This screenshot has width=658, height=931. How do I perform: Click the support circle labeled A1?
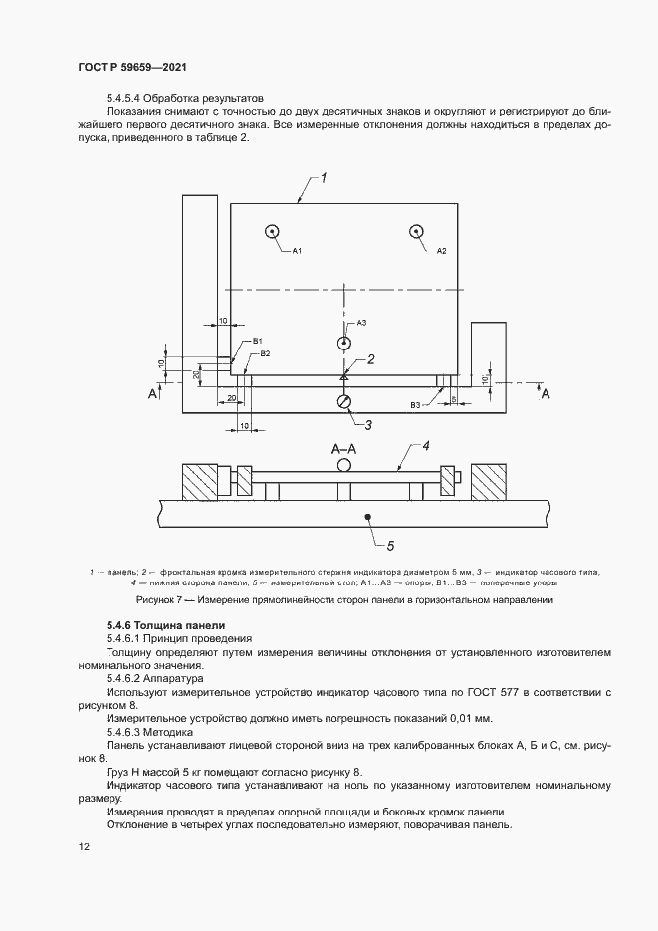click(272, 232)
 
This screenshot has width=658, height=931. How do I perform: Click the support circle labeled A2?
click(415, 232)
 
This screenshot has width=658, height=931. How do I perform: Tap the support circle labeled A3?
click(344, 343)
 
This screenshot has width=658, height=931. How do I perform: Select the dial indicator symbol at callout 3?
click(344, 401)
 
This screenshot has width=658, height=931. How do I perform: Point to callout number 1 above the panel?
click(324, 178)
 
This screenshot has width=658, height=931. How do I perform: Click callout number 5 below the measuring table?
click(391, 545)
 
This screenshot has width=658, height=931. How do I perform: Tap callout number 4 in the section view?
click(425, 445)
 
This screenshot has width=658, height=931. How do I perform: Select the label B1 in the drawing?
click(257, 342)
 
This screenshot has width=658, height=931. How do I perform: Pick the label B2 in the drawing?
click(265, 353)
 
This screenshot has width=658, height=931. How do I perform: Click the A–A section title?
click(344, 449)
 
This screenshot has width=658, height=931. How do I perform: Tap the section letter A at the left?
click(153, 395)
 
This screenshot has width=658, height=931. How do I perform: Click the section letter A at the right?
click(545, 395)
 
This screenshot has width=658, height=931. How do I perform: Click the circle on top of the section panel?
click(344, 464)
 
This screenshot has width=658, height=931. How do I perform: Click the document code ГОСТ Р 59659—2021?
click(131, 66)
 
